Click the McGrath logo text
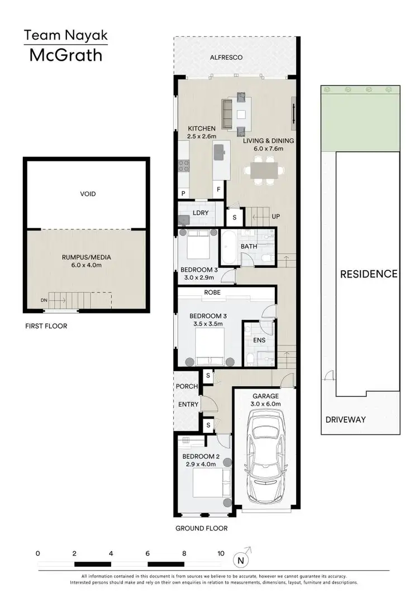tap(65, 55)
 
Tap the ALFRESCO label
tap(226, 57)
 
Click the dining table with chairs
tap(263, 170)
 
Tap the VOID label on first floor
tap(88, 194)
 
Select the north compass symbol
tap(240, 560)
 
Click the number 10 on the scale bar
tap(221, 553)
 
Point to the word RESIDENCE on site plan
tap(369, 274)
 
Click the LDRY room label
tap(200, 213)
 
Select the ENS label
tap(259, 340)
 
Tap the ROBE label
tap(212, 292)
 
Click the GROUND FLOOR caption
tap(201, 528)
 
